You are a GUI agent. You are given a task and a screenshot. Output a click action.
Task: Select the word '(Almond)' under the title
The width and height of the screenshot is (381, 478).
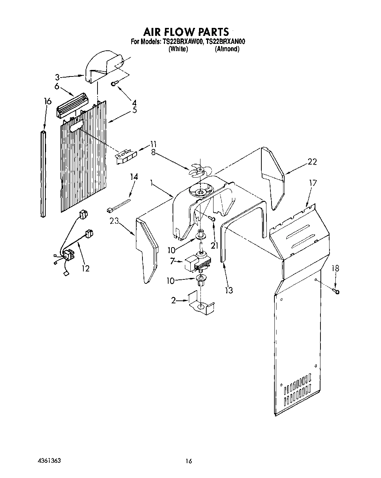click(x=227, y=49)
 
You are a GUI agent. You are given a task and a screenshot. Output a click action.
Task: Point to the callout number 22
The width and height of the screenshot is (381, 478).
click(x=312, y=162)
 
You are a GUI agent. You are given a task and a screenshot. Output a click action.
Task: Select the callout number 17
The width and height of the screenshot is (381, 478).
click(x=312, y=183)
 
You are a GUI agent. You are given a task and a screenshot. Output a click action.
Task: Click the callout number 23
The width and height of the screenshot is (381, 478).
click(x=114, y=221)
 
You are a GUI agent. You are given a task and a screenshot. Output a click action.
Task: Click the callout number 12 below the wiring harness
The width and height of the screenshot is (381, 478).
click(x=86, y=268)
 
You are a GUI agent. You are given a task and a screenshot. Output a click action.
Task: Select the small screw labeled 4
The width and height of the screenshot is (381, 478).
click(x=114, y=84)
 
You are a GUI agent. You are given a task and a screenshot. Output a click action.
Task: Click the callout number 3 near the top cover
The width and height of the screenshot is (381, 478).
click(x=57, y=77)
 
